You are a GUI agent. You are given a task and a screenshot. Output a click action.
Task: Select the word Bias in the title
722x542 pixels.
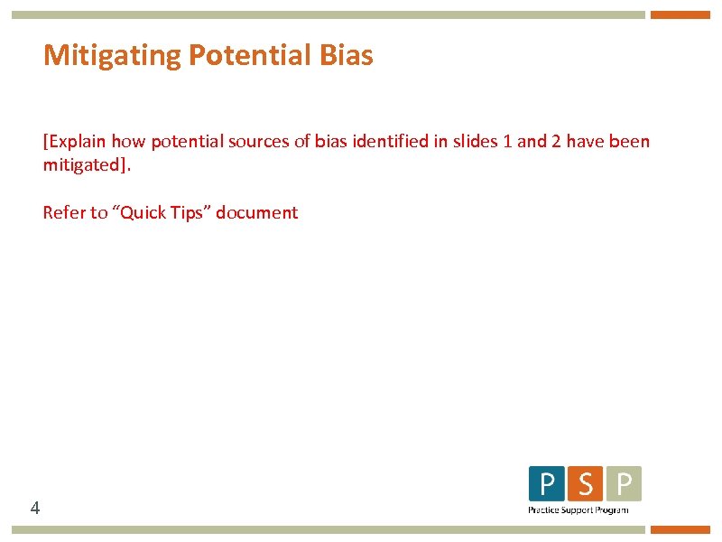[x=346, y=56]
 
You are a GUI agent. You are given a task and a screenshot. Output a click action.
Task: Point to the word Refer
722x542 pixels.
[x=63, y=213]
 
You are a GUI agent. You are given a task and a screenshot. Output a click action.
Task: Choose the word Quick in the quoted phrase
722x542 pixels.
[x=143, y=213]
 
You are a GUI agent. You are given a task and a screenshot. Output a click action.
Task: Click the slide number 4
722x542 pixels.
[x=34, y=509]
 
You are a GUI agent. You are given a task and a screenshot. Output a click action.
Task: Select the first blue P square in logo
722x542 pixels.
[x=546, y=484]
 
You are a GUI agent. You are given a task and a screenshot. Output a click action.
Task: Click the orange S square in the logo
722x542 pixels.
[x=585, y=484]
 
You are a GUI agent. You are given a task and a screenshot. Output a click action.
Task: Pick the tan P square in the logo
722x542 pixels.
[x=624, y=484]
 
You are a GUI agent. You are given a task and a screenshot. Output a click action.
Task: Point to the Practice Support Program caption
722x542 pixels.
[x=578, y=510]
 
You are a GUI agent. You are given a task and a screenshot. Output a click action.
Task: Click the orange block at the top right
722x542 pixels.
[x=680, y=14]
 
